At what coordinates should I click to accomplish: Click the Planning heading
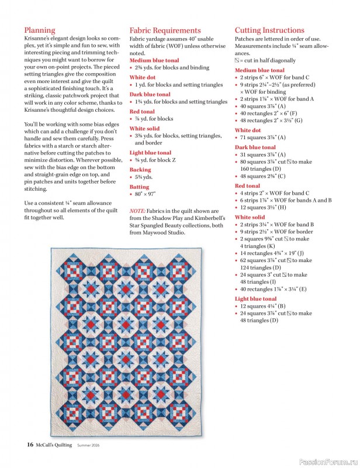tap(40, 30)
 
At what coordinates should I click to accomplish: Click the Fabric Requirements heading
tap(165, 30)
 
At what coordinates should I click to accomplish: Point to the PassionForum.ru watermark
tap(327, 461)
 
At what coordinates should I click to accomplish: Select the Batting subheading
tap(140, 187)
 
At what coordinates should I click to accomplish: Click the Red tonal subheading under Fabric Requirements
tap(142, 111)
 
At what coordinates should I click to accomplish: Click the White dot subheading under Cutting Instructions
tap(248, 130)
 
